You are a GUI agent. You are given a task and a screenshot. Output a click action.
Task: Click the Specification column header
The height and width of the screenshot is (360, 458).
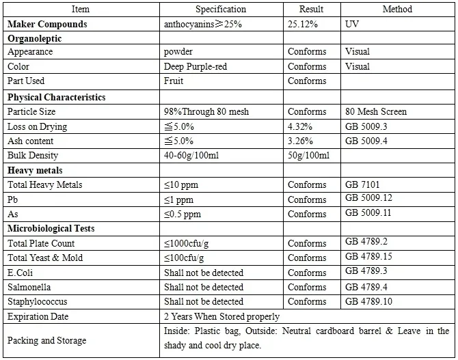point(221,10)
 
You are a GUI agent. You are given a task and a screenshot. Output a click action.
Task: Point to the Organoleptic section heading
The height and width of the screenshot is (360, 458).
point(34,38)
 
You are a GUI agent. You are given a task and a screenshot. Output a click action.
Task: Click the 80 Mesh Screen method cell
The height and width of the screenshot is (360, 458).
point(376,111)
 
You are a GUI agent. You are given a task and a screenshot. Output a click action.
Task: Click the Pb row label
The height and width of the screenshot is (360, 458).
point(12,199)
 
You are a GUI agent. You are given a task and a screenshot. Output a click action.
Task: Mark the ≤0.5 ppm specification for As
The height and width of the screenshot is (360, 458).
point(182,214)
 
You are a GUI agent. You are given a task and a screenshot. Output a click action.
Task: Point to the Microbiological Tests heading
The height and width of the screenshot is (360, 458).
point(51,228)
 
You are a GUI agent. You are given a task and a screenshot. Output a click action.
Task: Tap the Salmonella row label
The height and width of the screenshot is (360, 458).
point(29,287)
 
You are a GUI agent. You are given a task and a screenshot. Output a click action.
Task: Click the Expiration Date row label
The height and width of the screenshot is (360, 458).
point(39,316)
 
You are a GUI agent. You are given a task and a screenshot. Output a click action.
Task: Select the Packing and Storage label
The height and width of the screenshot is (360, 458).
point(46,340)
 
